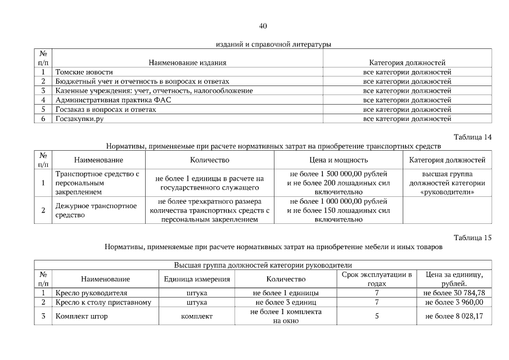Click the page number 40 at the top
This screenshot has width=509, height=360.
(263, 26)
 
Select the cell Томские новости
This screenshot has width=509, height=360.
(84, 72)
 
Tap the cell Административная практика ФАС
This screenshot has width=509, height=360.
(113, 100)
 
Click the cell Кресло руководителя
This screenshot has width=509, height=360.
(91, 293)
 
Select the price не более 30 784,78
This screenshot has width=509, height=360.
(455, 293)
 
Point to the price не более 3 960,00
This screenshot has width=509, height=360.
(455, 302)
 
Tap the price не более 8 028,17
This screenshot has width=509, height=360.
(455, 316)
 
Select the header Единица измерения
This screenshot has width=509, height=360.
(197, 279)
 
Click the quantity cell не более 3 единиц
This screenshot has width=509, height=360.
(286, 302)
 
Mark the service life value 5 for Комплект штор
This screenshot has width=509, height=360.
(377, 316)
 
